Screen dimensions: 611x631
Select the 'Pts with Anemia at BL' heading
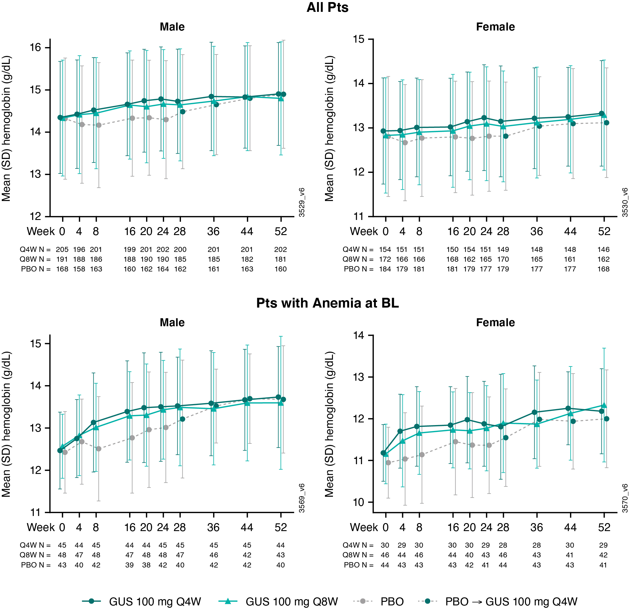[327, 303]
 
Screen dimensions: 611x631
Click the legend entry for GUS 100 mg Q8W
[291, 601]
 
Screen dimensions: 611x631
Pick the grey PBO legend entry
[392, 601]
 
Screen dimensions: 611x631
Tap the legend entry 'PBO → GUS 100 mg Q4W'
[511, 601]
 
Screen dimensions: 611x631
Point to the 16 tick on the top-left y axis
[36, 48]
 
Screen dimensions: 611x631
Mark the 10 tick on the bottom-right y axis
[359, 502]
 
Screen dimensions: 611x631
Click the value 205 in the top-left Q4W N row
[62, 250]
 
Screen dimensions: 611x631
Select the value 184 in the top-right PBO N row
[385, 269]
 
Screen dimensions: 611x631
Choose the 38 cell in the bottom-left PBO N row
[146, 565]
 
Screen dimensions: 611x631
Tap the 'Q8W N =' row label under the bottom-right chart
[358, 555]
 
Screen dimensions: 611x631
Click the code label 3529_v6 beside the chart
[302, 202]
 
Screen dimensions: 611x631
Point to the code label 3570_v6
[624, 498]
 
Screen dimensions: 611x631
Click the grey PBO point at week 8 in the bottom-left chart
[98, 449]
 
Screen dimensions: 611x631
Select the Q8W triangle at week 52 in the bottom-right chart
[604, 405]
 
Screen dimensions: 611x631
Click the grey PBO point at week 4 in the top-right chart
[405, 142]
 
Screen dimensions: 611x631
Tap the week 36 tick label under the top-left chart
[213, 231]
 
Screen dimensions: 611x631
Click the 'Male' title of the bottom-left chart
[172, 323]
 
